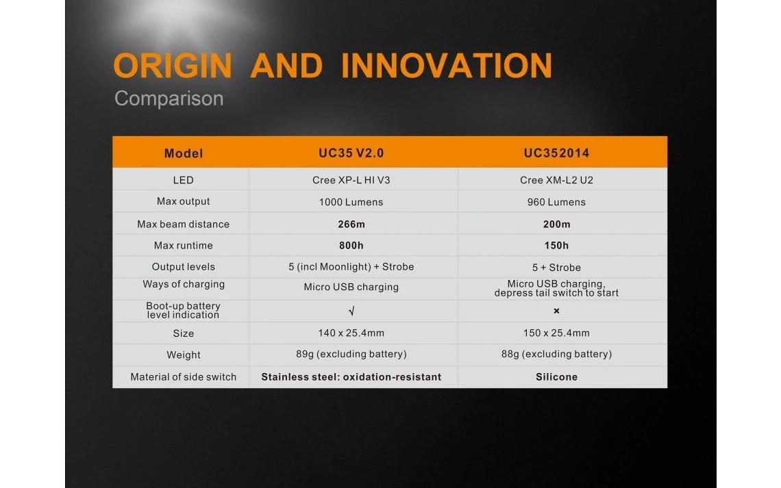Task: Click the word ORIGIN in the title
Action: [173, 66]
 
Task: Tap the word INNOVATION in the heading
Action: [447, 66]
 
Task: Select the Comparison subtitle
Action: [169, 99]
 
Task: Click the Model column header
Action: [184, 153]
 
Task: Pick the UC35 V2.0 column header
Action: [351, 153]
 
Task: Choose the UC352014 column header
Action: [556, 153]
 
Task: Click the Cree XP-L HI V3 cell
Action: [351, 180]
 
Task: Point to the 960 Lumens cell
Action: [556, 202]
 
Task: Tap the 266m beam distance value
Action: [351, 224]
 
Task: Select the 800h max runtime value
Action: [351, 246]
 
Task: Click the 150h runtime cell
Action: [556, 246]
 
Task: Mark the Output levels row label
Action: [184, 267]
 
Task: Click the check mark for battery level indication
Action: [351, 311]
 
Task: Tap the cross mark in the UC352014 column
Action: [556, 311]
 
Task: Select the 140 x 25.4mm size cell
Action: [351, 333]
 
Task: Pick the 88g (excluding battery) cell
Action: [556, 354]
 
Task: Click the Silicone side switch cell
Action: [556, 377]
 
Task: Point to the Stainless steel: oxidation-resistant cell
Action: [351, 377]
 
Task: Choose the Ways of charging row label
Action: [184, 284]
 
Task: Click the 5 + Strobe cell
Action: [556, 268]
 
